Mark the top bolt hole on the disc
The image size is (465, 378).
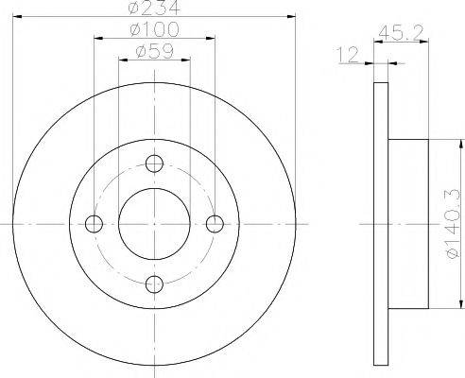coord(154,163)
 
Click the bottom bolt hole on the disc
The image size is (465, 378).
coord(154,283)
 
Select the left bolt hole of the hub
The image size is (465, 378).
coord(94,223)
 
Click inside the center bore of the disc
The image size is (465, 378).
coord(154,223)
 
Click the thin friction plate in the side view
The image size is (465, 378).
coord(381,223)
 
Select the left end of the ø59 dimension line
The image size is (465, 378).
coord(118,59)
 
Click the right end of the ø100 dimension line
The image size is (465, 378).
coord(215,39)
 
